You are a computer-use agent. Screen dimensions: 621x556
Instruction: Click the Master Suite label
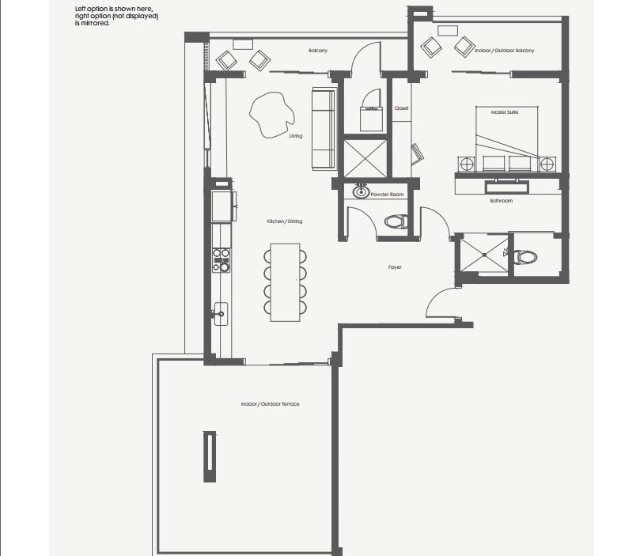point(504,112)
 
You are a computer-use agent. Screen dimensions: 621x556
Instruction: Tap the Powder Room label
point(387,195)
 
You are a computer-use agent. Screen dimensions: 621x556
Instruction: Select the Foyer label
point(395,267)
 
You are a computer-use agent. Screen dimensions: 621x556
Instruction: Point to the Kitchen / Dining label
point(285,221)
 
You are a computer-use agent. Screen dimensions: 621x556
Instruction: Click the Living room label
point(296,136)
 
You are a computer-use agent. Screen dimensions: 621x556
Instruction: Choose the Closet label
point(401,108)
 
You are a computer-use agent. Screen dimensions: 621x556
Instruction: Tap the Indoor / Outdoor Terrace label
point(270,404)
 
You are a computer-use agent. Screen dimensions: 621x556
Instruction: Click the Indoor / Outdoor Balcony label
point(505,51)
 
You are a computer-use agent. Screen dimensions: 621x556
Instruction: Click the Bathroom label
point(502,201)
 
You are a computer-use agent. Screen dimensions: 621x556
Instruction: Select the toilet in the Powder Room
point(396,221)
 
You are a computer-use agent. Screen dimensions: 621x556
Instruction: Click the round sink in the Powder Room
point(361,192)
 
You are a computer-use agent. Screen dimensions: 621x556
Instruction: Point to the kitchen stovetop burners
point(221,260)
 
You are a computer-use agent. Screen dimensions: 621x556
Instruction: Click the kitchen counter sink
point(221,314)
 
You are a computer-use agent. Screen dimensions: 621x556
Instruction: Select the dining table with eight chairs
point(285,282)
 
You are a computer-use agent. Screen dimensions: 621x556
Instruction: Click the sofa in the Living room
point(324,129)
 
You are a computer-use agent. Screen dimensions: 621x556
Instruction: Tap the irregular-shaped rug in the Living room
point(272,115)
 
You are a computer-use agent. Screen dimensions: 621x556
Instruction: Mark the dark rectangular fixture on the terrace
point(210,456)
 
